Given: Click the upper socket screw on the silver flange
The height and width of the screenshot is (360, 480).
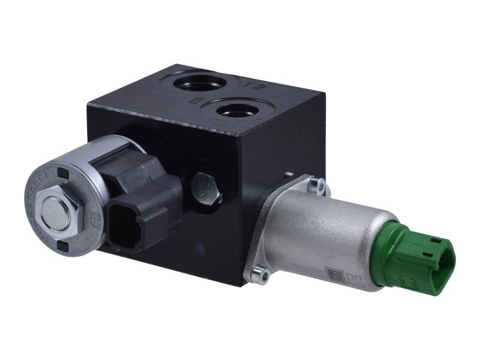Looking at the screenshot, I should click(x=320, y=186).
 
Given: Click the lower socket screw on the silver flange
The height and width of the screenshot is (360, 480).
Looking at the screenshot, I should click(x=257, y=274).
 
